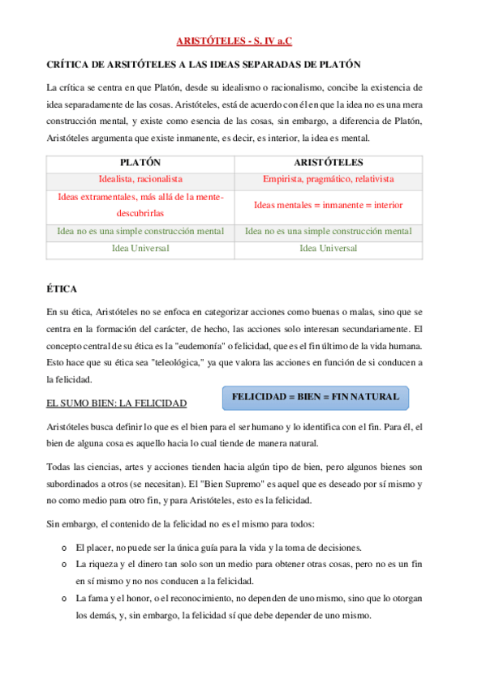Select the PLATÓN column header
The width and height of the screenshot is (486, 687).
point(140,162)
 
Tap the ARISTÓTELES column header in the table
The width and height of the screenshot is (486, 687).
point(328,162)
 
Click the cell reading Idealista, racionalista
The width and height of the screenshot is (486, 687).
point(140,178)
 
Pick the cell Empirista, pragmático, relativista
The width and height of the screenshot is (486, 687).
point(328,178)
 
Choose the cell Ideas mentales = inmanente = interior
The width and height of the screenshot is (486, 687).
point(328,205)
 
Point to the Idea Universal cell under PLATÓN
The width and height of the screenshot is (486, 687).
point(140,248)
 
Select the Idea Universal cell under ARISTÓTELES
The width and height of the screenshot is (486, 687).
point(328,248)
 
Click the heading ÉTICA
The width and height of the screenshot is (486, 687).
point(61,288)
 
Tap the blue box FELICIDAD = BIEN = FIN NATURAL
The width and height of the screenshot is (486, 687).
point(316,397)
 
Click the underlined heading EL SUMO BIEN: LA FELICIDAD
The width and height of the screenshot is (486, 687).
point(116,403)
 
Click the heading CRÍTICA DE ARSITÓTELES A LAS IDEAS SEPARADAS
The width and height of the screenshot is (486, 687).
point(204,63)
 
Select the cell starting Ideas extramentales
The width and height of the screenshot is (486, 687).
point(140,205)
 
